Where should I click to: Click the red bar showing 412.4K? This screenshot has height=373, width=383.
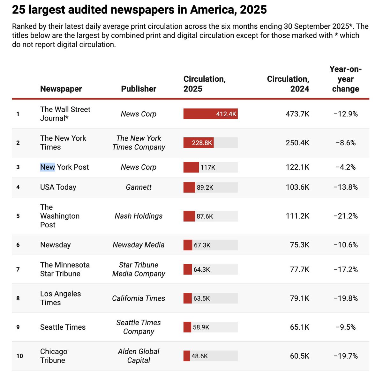(210, 114)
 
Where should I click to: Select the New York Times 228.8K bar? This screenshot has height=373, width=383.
(198, 143)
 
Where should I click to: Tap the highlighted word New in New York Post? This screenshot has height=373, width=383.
(48, 167)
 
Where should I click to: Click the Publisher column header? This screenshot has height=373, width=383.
(139, 89)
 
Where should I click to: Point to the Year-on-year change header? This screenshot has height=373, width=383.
(345, 79)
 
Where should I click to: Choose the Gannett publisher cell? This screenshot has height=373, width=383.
(139, 187)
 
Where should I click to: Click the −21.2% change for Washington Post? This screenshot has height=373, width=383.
(346, 216)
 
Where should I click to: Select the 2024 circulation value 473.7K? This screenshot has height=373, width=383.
(297, 114)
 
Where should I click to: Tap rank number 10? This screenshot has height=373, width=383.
(19, 356)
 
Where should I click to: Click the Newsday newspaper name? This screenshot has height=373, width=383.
(55, 245)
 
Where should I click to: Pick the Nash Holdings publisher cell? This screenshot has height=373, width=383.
(139, 216)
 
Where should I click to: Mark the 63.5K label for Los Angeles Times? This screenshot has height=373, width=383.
(202, 298)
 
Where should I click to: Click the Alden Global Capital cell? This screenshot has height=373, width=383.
(139, 356)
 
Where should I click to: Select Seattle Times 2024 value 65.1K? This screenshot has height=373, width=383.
(299, 327)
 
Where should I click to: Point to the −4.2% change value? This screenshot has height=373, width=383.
(346, 167)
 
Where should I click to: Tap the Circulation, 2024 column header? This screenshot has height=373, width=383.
(288, 84)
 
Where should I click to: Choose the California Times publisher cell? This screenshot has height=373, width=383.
(139, 298)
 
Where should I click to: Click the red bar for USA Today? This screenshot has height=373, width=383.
(189, 187)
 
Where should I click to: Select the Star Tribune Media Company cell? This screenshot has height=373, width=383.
(139, 269)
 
